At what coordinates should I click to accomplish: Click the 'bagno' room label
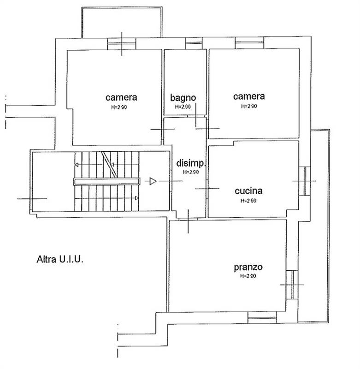183,98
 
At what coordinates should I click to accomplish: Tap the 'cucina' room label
248,191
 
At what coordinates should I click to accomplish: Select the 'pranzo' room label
248,268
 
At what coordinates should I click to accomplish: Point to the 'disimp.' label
191,163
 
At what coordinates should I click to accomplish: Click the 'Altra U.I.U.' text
60,259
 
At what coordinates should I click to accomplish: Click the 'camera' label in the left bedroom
121,97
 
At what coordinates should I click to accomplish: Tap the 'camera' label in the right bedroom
249,96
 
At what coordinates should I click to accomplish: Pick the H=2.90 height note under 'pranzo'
248,276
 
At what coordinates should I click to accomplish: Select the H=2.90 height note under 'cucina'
248,201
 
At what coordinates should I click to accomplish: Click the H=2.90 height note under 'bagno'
183,107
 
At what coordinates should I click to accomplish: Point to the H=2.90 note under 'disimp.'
191,172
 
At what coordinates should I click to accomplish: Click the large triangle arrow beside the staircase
153,181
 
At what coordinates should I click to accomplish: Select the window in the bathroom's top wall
194,43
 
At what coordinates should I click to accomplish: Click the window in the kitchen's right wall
305,181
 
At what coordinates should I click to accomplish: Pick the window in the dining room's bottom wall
262,317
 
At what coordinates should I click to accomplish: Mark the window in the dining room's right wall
292,285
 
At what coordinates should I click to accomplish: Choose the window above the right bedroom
249,42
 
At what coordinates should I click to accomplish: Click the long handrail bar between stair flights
107,181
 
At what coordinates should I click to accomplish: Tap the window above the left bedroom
122,44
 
